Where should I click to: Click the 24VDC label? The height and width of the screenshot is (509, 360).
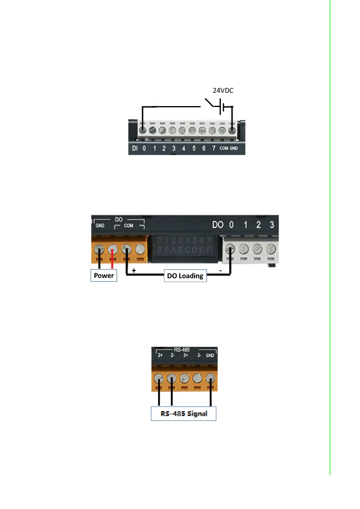pyautogui.click(x=223, y=90)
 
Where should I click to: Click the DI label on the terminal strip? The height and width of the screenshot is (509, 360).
pyautogui.click(x=135, y=148)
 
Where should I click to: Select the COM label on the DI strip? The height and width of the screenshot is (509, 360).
pyautogui.click(x=224, y=148)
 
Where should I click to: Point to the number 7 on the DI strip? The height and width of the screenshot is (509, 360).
pyautogui.click(x=214, y=148)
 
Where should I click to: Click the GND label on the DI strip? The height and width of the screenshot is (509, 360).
pyautogui.click(x=234, y=148)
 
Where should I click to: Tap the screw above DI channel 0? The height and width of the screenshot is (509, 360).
pyautogui.click(x=143, y=131)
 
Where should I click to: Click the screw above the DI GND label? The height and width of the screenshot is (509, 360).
pyautogui.click(x=232, y=131)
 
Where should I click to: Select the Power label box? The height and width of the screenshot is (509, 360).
pyautogui.click(x=104, y=275)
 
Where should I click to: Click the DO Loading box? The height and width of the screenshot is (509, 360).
pyautogui.click(x=185, y=276)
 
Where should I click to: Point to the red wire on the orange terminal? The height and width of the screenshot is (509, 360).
pyautogui.click(x=112, y=259)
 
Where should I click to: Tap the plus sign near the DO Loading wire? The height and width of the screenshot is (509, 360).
pyautogui.click(x=134, y=271)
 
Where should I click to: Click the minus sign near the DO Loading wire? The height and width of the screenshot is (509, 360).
pyautogui.click(x=221, y=271)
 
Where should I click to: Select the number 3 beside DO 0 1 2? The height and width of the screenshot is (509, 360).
pyautogui.click(x=272, y=225)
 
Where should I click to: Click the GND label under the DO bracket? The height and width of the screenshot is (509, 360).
pyautogui.click(x=100, y=225)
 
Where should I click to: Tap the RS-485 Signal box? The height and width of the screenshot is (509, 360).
pyautogui.click(x=184, y=413)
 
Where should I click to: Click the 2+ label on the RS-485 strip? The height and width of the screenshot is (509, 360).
pyautogui.click(x=160, y=355)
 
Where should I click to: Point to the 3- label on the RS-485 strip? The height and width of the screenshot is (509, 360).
pyautogui.click(x=199, y=355)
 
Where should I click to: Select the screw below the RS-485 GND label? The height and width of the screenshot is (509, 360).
pyautogui.click(x=210, y=378)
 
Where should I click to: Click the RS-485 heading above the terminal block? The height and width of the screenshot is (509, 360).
pyautogui.click(x=182, y=350)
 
